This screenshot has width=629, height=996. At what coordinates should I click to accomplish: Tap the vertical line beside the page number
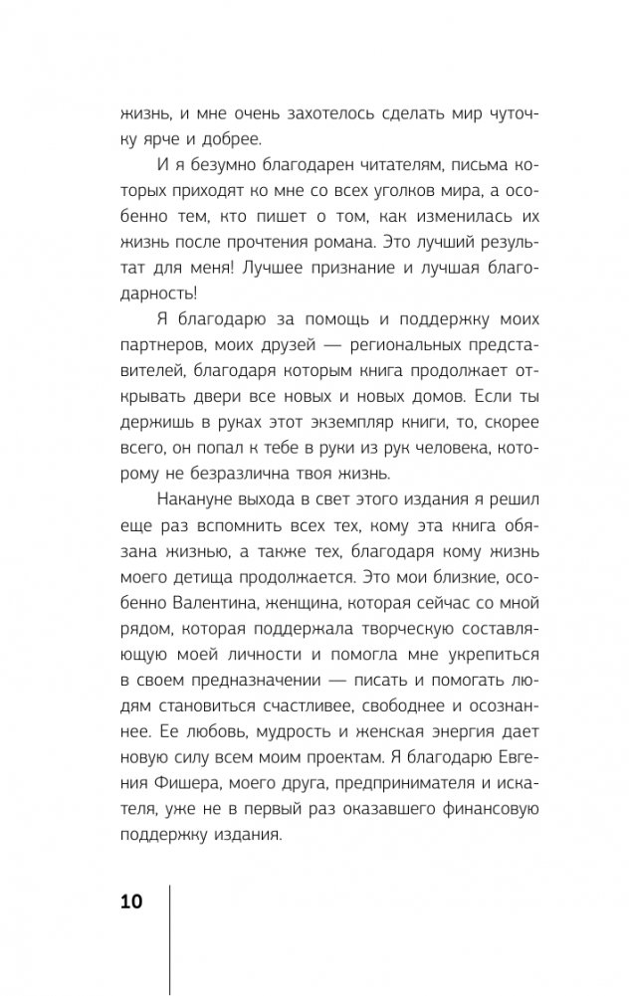pyautogui.click(x=171, y=935)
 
